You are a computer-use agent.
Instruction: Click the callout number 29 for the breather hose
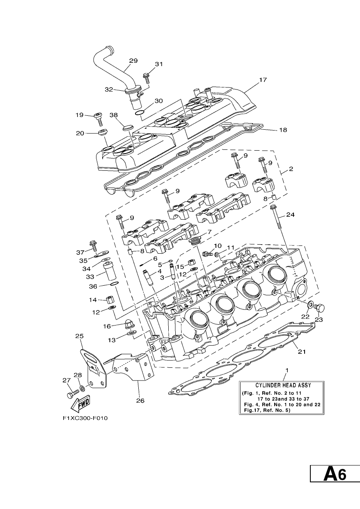click(133, 61)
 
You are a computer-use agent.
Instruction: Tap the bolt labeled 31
click(146, 78)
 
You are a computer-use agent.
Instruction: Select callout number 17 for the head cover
click(263, 80)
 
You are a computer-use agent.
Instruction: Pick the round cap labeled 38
click(128, 127)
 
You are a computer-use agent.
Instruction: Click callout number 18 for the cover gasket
click(283, 130)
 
